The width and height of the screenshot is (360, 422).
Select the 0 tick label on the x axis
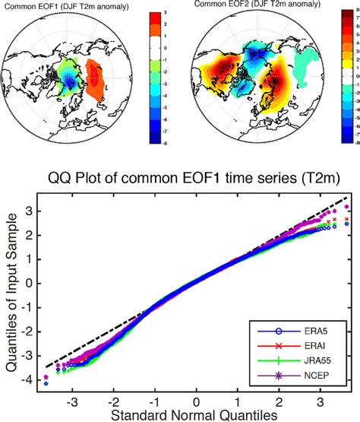(196, 398)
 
